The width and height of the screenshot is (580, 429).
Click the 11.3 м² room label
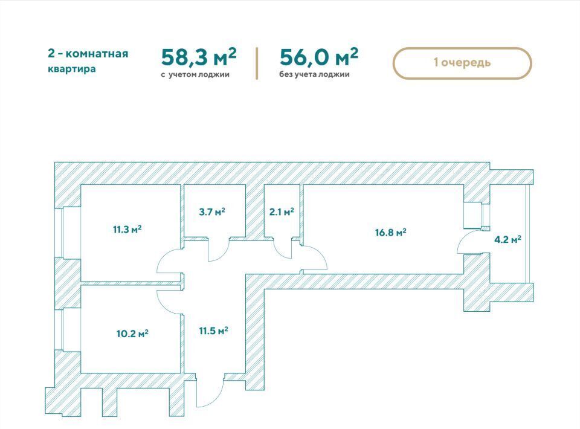point(127,229)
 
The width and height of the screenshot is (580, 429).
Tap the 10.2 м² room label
point(132,334)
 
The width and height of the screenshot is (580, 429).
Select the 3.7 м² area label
point(212,211)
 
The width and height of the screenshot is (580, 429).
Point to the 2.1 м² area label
point(282,211)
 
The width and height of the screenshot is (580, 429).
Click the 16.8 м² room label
point(391,232)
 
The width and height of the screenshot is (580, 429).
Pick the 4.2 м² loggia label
point(508,239)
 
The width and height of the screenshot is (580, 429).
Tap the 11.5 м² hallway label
point(213,331)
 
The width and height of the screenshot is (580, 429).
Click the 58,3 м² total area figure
point(199,57)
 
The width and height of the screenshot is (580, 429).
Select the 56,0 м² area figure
point(319,57)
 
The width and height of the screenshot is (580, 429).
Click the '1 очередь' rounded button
point(462,63)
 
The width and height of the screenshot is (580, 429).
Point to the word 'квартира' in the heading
point(72,69)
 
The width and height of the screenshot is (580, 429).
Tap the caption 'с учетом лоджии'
point(195,75)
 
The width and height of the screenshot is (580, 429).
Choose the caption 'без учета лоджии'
point(314,74)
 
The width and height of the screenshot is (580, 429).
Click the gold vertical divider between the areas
point(257,63)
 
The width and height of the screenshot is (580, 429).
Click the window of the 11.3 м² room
point(59,233)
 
